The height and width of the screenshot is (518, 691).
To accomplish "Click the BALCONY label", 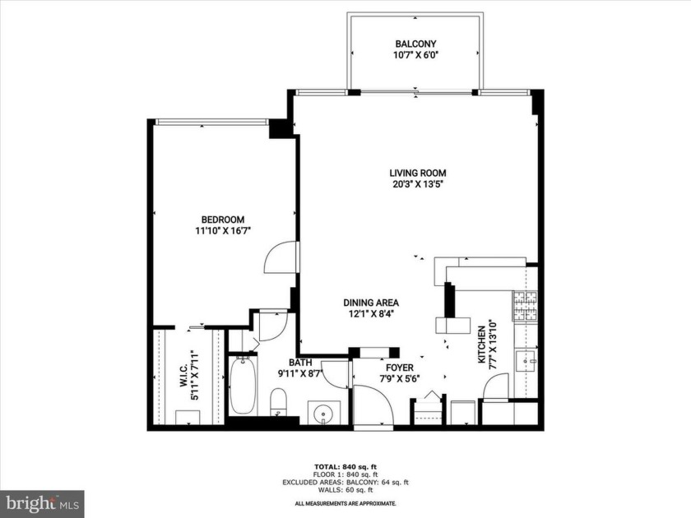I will click(415, 44).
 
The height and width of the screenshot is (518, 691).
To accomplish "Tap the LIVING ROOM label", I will click(417, 173).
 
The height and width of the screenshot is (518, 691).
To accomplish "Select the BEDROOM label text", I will click(223, 219).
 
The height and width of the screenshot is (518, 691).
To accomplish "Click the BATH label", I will click(299, 363).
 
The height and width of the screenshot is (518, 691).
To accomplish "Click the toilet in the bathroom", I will click(279, 404).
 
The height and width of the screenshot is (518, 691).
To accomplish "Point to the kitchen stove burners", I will click(525, 308).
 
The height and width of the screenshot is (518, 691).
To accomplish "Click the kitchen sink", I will click(526, 359).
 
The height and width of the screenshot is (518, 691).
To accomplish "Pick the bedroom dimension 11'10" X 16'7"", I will click(223, 231).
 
